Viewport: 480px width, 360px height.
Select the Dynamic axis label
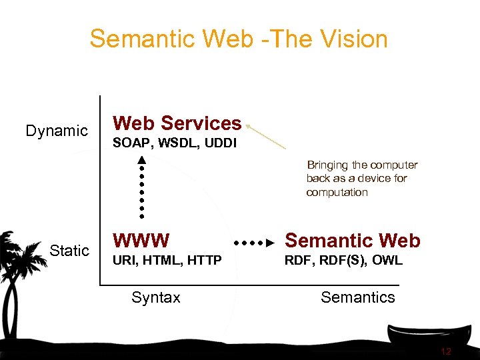(57, 131)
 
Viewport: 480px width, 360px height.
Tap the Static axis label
(69, 251)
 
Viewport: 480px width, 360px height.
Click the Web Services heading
(177, 123)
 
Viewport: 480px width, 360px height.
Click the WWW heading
(141, 240)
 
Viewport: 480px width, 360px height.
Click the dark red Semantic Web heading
(353, 241)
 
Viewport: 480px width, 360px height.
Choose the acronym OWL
(387, 261)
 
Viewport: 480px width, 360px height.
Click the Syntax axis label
(156, 297)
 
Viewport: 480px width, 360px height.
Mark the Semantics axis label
(358, 297)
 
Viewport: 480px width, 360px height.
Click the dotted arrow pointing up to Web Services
(142, 187)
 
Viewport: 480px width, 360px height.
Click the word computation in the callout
(337, 193)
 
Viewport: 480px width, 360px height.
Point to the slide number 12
(446, 351)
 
